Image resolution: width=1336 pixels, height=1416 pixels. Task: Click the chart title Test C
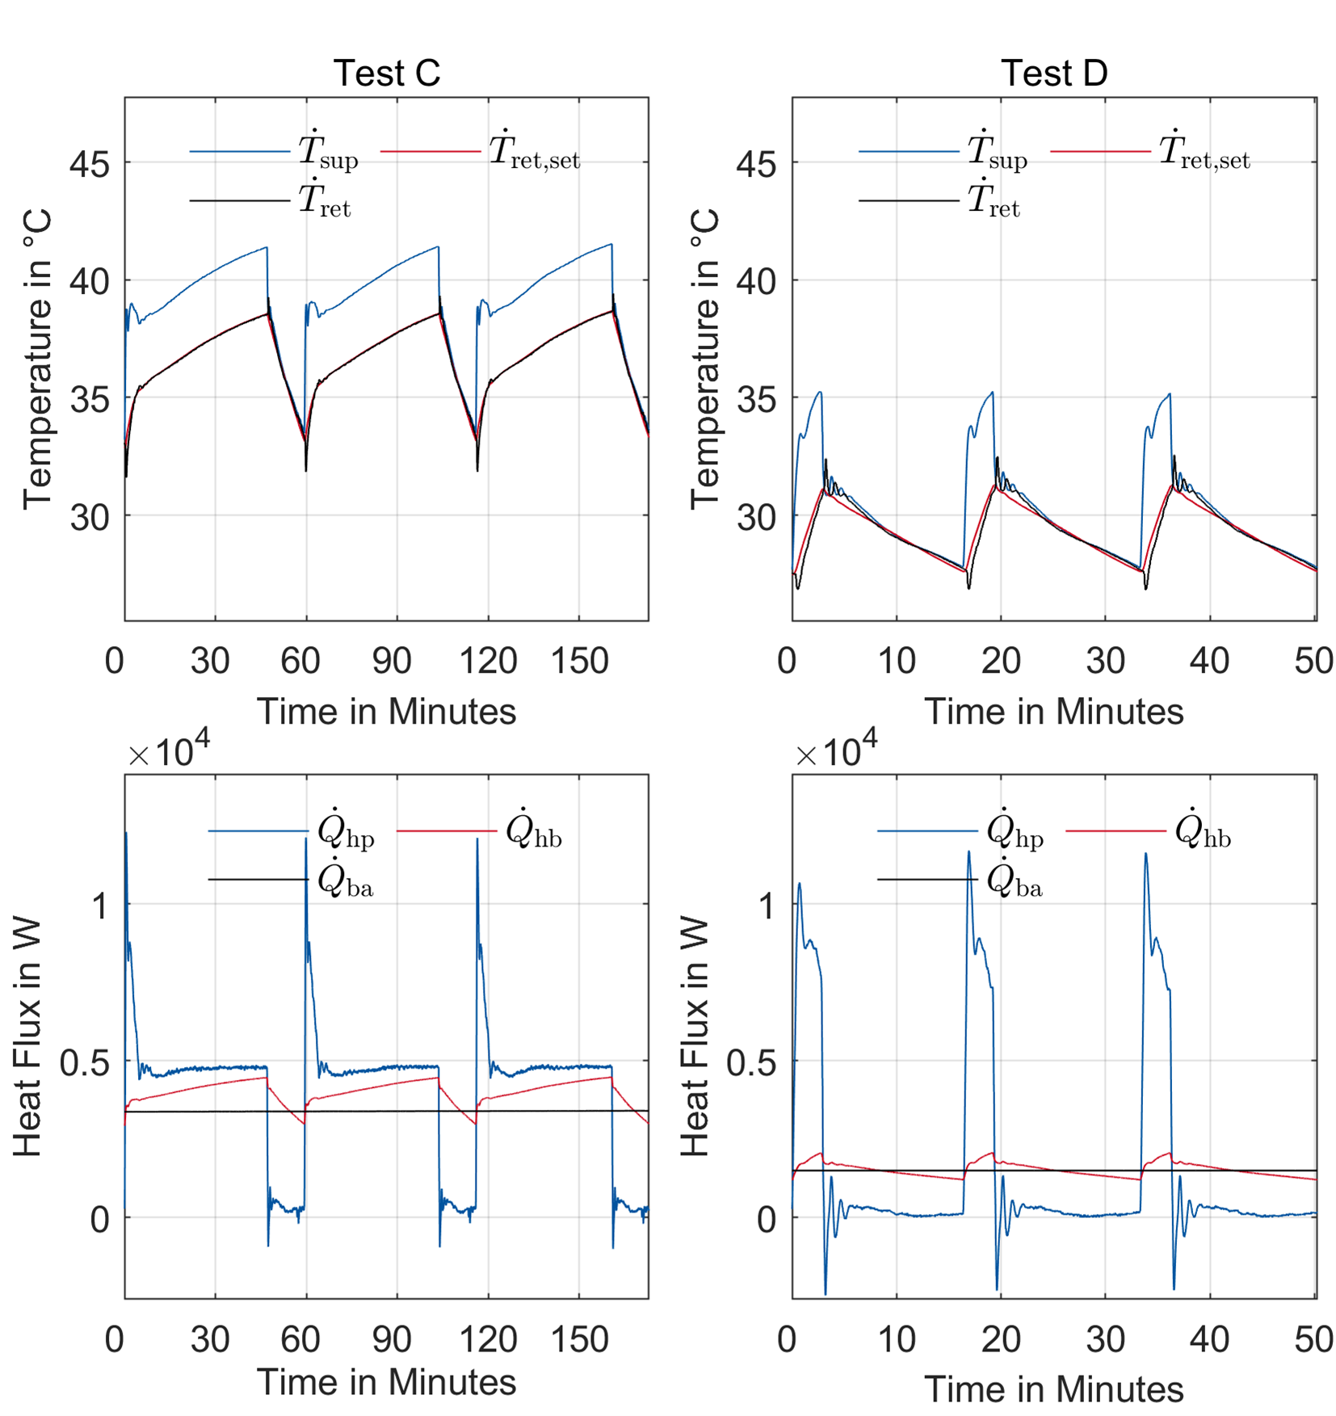point(386,74)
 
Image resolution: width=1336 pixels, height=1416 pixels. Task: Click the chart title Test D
point(1053,74)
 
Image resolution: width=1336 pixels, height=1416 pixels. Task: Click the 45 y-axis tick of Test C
point(89,165)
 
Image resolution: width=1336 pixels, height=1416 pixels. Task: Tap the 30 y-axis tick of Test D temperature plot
point(756,517)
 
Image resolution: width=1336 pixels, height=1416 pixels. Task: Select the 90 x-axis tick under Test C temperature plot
point(392,661)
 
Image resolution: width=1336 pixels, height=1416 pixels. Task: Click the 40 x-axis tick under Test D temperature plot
point(1209,661)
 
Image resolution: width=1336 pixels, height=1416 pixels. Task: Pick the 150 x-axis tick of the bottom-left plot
point(578,1339)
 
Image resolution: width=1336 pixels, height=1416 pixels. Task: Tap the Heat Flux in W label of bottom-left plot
point(27,1036)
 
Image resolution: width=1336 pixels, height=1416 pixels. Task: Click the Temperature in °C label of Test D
point(705,359)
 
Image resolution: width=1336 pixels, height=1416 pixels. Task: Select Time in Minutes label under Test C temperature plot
point(386,712)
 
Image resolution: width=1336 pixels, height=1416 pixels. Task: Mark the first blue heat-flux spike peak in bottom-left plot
point(126,834)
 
